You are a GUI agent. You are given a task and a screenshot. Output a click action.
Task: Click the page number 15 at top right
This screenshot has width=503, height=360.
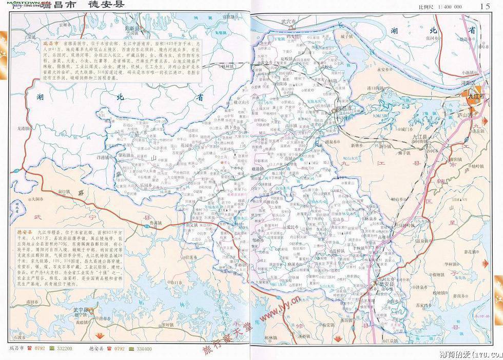[x=484, y=6]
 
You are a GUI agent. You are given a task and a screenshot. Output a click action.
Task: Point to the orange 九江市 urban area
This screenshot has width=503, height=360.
[x=472, y=95]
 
